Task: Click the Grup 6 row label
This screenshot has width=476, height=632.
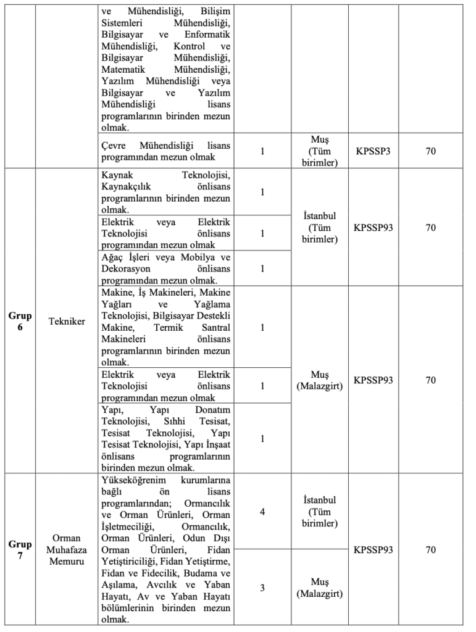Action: (x=20, y=321)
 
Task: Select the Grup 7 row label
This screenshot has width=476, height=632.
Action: (x=20, y=550)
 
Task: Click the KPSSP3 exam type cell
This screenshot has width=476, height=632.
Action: (x=373, y=150)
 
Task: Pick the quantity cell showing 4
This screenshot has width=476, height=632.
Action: (x=262, y=512)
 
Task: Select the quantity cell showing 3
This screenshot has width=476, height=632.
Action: (x=262, y=588)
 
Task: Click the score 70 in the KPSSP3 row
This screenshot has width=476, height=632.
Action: (x=431, y=150)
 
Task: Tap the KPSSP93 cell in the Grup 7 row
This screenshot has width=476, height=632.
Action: (x=373, y=550)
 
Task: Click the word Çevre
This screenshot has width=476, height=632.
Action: (x=113, y=145)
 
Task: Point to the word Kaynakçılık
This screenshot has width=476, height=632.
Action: (x=128, y=186)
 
